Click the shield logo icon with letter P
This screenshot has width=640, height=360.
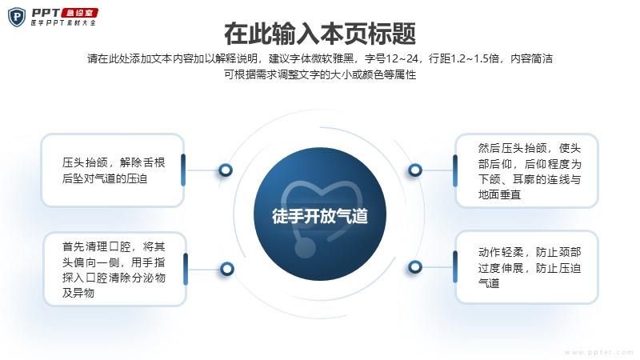(x=17, y=17)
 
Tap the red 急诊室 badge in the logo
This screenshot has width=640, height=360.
(x=79, y=13)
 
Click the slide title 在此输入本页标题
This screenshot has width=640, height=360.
(x=320, y=34)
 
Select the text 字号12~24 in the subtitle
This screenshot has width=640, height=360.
(x=391, y=58)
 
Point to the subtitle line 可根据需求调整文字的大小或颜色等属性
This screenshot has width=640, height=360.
(x=320, y=74)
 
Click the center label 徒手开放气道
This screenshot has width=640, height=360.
(x=320, y=216)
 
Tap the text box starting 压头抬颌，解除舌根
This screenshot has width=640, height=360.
(x=113, y=170)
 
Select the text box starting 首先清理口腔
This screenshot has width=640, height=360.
(x=114, y=270)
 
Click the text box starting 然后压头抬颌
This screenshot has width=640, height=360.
(x=526, y=170)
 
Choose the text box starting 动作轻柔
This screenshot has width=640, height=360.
(x=526, y=267)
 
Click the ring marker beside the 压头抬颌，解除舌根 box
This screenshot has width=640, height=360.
(x=226, y=170)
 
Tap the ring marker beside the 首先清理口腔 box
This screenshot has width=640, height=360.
(x=227, y=269)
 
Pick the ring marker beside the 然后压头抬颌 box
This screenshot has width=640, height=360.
(x=415, y=170)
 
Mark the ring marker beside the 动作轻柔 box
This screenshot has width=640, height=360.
(x=415, y=267)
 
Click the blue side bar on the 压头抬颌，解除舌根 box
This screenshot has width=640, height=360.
(x=183, y=170)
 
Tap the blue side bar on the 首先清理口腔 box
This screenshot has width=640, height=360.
(x=186, y=269)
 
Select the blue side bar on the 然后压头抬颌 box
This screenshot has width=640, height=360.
(x=455, y=170)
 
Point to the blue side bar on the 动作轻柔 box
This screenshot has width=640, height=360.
(x=455, y=267)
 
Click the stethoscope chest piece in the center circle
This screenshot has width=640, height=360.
(x=305, y=247)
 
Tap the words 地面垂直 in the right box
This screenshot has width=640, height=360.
(x=499, y=194)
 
